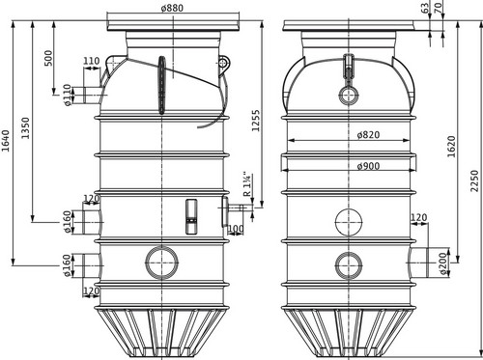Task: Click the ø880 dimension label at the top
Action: tap(172, 8)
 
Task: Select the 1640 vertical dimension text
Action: tap(6, 141)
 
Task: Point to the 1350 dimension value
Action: tap(25, 128)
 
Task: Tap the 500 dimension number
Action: tap(48, 58)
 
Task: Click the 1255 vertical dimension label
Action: tap(255, 121)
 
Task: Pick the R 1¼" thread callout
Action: tap(246, 184)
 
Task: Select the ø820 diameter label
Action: tap(368, 134)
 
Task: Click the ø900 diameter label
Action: tap(368, 166)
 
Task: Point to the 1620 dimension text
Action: tap(451, 147)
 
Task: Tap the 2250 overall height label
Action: tap(474, 180)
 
